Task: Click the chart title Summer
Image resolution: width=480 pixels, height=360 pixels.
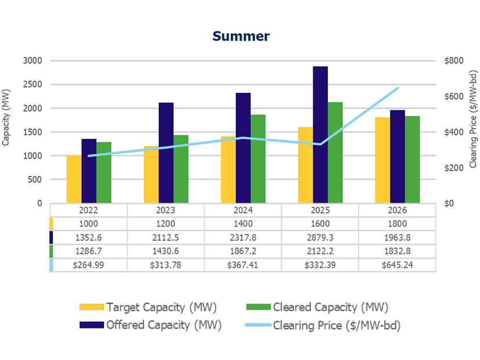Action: (x=241, y=36)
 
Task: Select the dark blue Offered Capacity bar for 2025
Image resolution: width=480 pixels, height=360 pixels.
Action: (x=320, y=135)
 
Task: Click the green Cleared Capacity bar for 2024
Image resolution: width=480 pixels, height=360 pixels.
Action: (x=258, y=159)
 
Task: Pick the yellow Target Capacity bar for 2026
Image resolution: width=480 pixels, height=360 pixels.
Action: (x=382, y=160)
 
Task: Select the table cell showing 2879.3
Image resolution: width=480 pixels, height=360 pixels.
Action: (x=320, y=237)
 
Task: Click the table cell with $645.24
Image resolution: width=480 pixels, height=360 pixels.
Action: (x=397, y=265)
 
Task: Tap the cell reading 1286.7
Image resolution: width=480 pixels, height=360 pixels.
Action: (x=89, y=251)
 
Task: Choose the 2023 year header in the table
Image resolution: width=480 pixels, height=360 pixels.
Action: (x=166, y=211)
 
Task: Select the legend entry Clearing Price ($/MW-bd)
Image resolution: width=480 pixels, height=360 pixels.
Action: (x=336, y=325)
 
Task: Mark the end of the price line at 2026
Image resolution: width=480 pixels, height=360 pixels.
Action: (x=397, y=88)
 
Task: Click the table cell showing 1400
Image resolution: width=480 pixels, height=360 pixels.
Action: (x=243, y=224)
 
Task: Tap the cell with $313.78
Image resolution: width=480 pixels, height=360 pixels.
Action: (x=166, y=265)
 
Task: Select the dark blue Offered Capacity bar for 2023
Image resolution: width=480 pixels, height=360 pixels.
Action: (x=166, y=153)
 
